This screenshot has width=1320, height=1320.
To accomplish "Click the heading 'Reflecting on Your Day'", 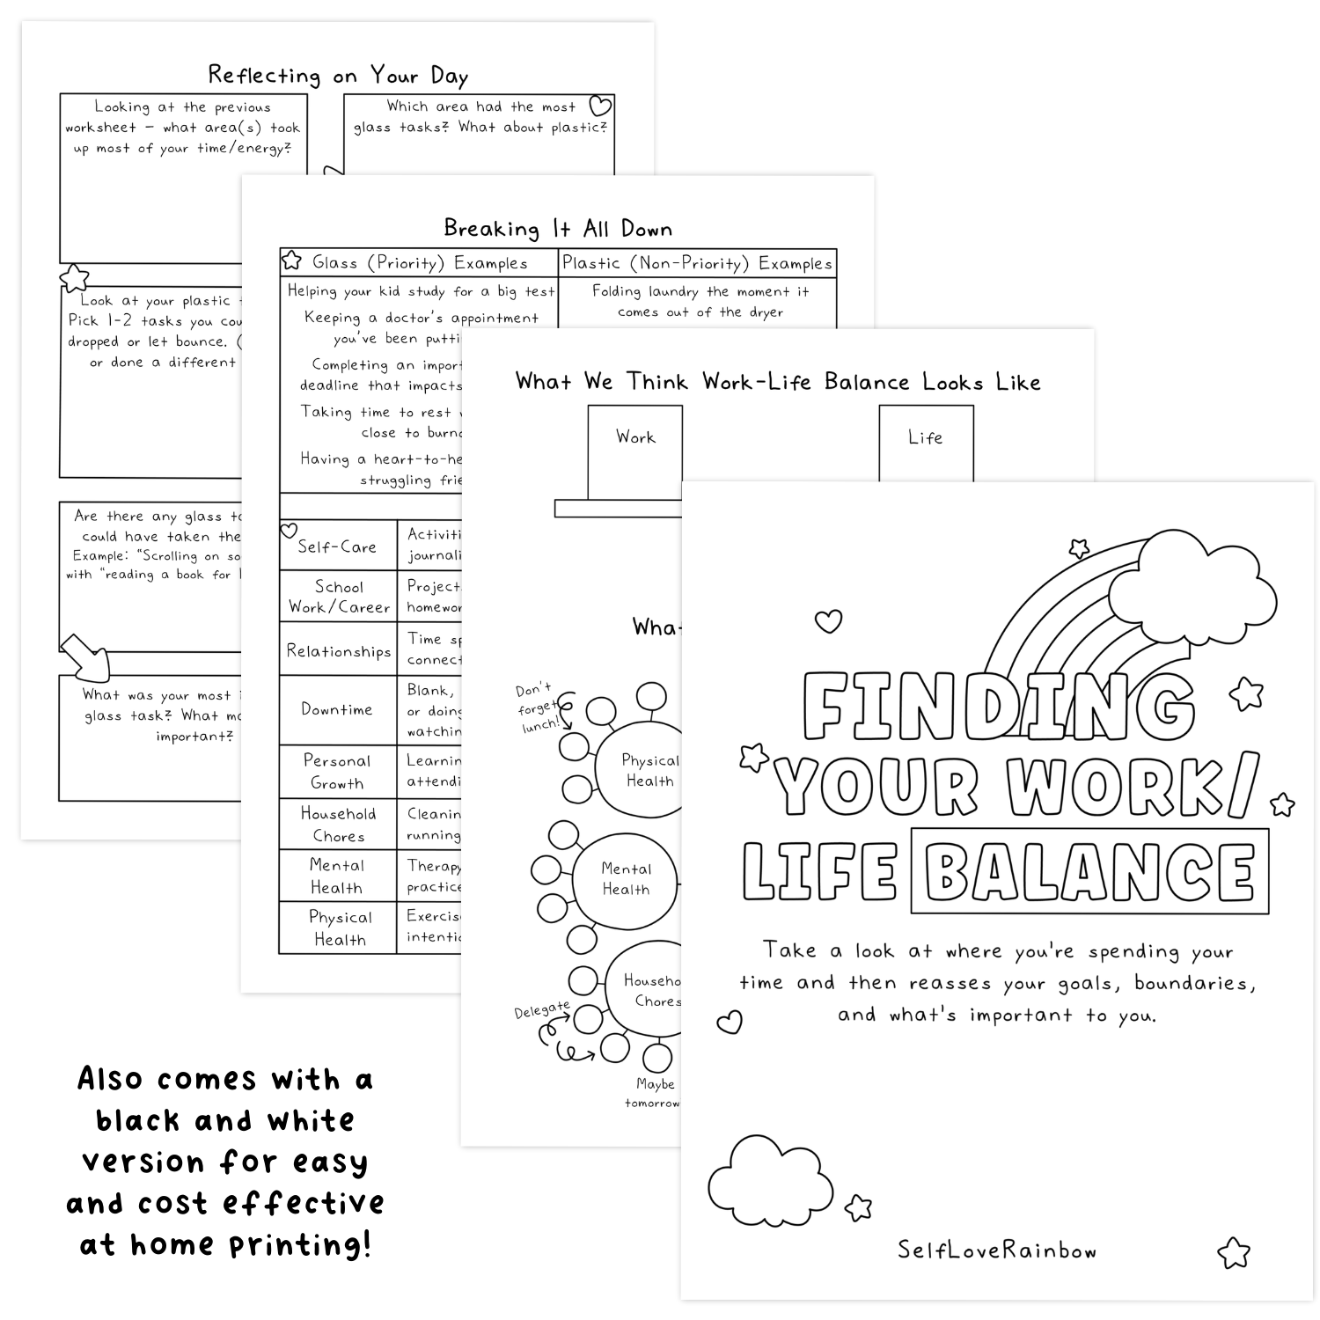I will (x=338, y=76).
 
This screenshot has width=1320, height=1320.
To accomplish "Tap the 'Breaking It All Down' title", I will (x=558, y=229).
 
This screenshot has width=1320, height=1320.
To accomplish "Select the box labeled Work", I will (x=634, y=444).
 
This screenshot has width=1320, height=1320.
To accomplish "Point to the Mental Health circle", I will (x=626, y=879).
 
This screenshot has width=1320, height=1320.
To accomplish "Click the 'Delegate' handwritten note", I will (x=542, y=1010).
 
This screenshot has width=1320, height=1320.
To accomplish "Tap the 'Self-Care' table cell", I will (x=337, y=546).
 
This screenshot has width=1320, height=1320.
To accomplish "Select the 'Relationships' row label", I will (x=339, y=651).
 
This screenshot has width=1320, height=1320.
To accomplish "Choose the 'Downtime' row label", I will (x=337, y=709).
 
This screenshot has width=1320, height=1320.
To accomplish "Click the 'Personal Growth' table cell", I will (x=337, y=772).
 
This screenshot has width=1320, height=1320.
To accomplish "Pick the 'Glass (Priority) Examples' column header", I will (x=420, y=263).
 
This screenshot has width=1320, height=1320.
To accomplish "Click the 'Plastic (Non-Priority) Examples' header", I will (x=697, y=263).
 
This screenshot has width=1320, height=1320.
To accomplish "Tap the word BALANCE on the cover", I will (x=1089, y=871).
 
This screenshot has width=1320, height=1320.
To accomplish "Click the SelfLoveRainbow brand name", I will (x=997, y=1250).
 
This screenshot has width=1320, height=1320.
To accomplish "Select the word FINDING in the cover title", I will (x=998, y=708).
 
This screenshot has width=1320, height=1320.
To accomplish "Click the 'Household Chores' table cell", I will (x=339, y=825).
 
